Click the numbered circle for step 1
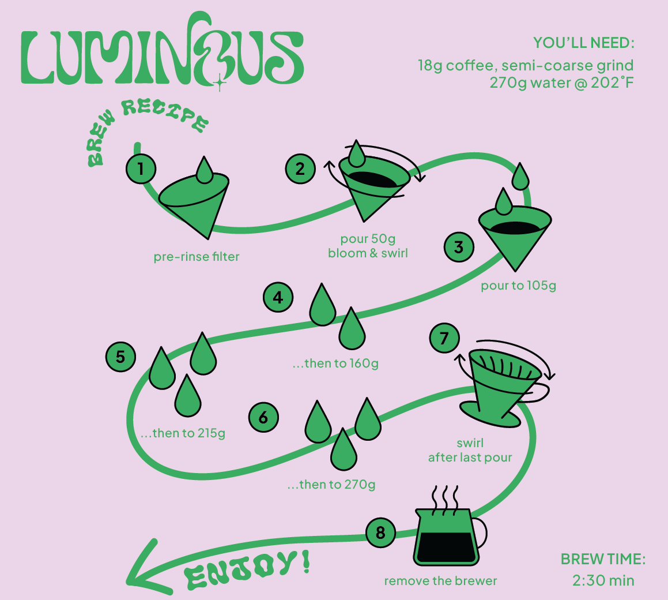pyautogui.click(x=141, y=169)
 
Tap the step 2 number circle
pyautogui.click(x=300, y=169)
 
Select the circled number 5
pyautogui.click(x=120, y=357)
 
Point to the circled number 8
pyautogui.click(x=380, y=532)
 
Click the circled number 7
pyautogui.click(x=444, y=338)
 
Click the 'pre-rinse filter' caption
pyautogui.click(x=197, y=257)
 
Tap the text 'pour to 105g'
pyautogui.click(x=519, y=286)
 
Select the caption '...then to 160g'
pyautogui.click(x=335, y=363)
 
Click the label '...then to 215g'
pyautogui.click(x=183, y=433)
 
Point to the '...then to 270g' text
pyautogui.click(x=331, y=485)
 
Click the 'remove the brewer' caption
pyautogui.click(x=440, y=581)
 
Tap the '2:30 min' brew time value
pyautogui.click(x=603, y=580)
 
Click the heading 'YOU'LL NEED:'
pyautogui.click(x=584, y=43)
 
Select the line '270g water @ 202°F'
pyautogui.click(x=561, y=82)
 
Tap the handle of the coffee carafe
pyautogui.click(x=480, y=533)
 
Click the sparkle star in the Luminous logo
pyautogui.click(x=220, y=82)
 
